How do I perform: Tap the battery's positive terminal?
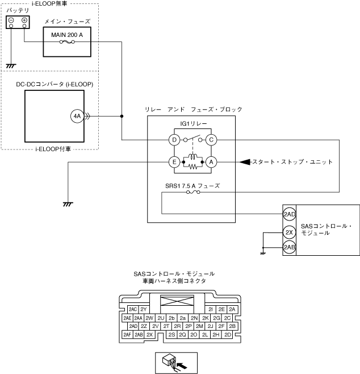[25, 22]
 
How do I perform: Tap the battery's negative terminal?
[11, 22]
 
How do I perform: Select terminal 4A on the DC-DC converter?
[77, 117]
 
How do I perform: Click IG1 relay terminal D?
[174, 139]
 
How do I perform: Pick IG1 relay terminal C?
[211, 139]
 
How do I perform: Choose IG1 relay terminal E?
[174, 162]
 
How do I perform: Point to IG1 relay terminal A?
[211, 162]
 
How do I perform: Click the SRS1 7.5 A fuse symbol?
[192, 193]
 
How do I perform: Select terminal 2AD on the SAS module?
[289, 214]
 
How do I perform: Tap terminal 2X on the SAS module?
[289, 232]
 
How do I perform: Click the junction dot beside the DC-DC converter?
[122, 117]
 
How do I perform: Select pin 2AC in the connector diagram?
[132, 309]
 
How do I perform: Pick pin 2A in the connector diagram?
[231, 309]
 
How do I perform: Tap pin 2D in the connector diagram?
[227, 335]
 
